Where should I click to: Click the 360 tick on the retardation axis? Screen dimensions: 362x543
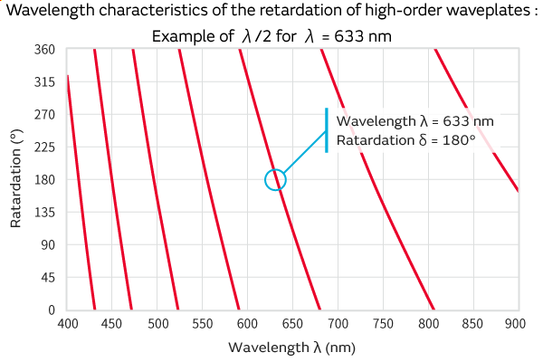point(45,50)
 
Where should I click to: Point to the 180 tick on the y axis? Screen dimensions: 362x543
point(45,180)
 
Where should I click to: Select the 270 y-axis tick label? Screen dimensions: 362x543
point(45,115)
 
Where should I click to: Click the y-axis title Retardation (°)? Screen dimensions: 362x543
point(15,180)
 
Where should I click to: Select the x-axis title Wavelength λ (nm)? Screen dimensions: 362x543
point(292,348)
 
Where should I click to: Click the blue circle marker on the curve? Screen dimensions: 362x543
point(275,180)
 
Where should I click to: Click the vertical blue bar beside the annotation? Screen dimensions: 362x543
point(327,130)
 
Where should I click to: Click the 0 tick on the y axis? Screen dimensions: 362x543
point(52,310)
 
